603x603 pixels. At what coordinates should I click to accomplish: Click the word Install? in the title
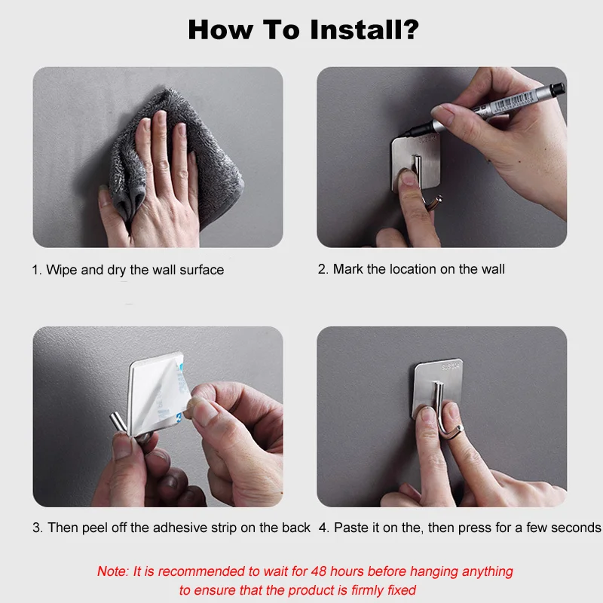pos(364,30)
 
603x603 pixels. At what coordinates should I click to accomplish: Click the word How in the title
pos(220,30)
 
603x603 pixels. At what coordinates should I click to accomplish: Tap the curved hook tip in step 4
pos(459,429)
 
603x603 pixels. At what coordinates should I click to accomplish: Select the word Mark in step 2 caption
pos(348,269)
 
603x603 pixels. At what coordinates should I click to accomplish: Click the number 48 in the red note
pos(319,571)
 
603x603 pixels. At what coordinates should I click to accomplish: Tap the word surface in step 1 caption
pos(201,271)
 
